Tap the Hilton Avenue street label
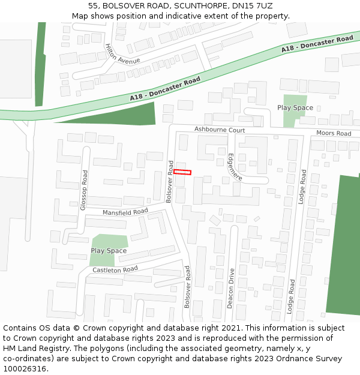[122, 54]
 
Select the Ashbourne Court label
[220, 130]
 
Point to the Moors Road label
[334, 133]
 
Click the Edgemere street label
[234, 167]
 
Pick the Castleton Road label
[115, 270]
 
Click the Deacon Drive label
[231, 288]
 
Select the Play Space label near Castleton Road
[109, 251]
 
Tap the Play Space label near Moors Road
[295, 108]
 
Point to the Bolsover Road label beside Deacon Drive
[187, 287]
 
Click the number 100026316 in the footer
[24, 369]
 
